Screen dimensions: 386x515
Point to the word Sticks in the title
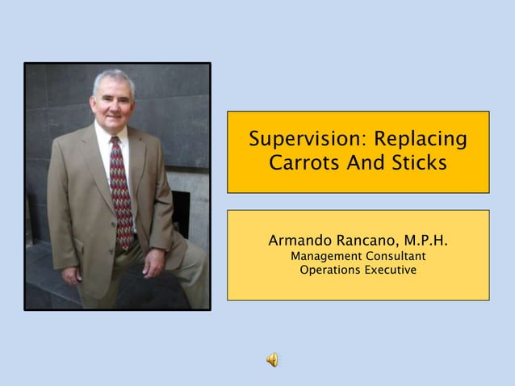tap(417, 163)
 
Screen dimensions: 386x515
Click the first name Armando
tap(301, 241)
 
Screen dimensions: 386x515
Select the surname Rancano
tap(368, 241)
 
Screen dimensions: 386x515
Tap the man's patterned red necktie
tap(121, 194)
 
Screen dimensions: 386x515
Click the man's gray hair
tap(113, 78)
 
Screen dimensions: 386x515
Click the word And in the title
tap(362, 163)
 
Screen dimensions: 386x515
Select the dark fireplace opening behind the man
tap(182, 210)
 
